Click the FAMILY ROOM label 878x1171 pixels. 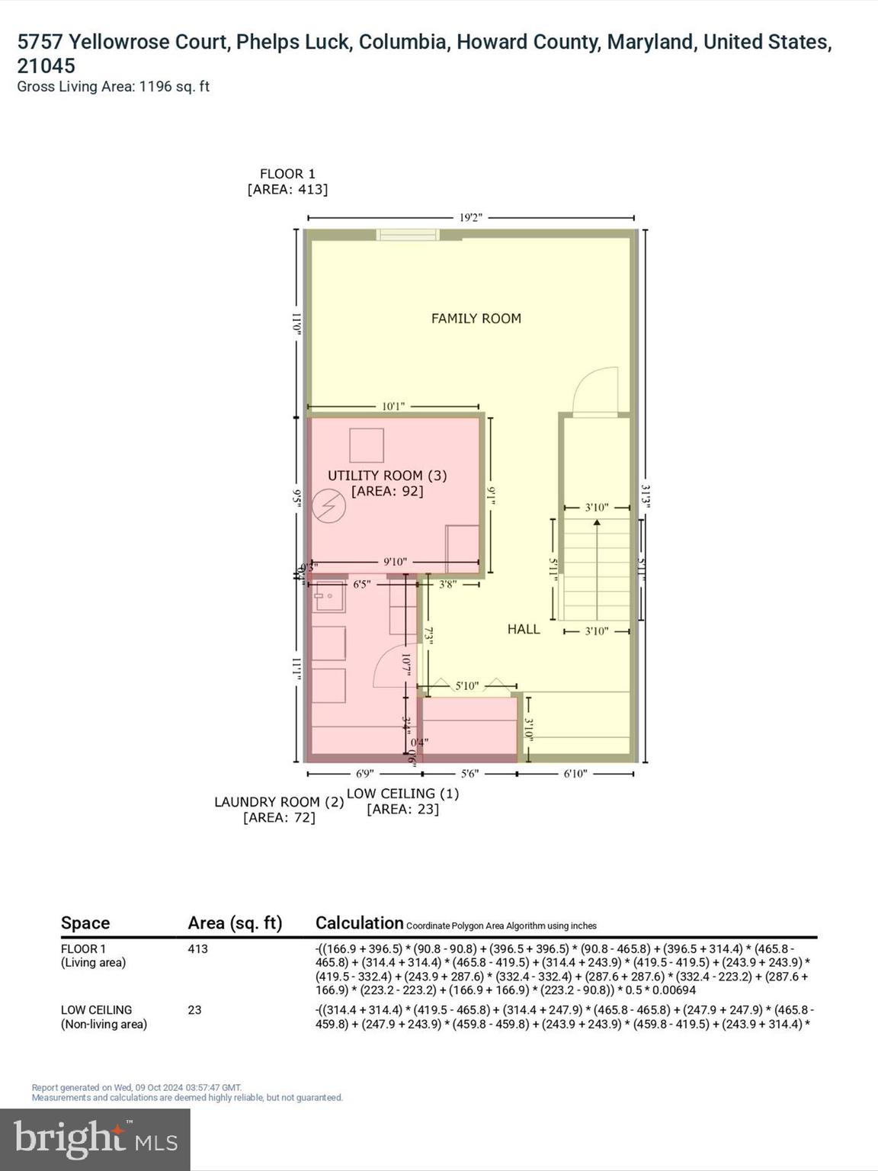pyautogui.click(x=476, y=319)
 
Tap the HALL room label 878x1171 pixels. pyautogui.click(x=524, y=629)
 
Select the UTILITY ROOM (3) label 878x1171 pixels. pyautogui.click(x=387, y=476)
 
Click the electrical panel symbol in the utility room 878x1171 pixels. pyautogui.click(x=332, y=507)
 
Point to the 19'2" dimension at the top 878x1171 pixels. pyautogui.click(x=471, y=218)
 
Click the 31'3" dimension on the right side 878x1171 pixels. pyautogui.click(x=646, y=496)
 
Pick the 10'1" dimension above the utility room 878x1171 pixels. pyautogui.click(x=393, y=406)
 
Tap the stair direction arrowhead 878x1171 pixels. pyautogui.click(x=597, y=523)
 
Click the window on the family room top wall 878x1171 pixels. pyautogui.click(x=409, y=234)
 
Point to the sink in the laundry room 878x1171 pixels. pyautogui.click(x=330, y=598)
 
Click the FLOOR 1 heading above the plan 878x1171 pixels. pyautogui.click(x=287, y=174)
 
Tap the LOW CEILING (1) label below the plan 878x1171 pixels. pyautogui.click(x=402, y=794)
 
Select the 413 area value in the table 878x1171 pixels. pyautogui.click(x=197, y=949)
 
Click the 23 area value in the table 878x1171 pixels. pyautogui.click(x=194, y=1010)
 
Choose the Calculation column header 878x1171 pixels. pyautogui.click(x=359, y=923)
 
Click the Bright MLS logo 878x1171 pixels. pyautogui.click(x=95, y=1140)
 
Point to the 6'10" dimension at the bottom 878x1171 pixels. pyautogui.click(x=575, y=774)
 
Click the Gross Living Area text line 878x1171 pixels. pyautogui.click(x=113, y=87)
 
